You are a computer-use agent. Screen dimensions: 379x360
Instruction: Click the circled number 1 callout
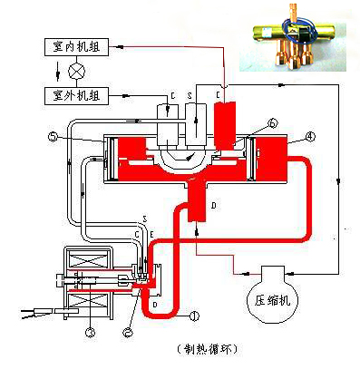click(x=193, y=316)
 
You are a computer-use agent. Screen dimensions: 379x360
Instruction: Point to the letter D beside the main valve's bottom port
click(x=213, y=207)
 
